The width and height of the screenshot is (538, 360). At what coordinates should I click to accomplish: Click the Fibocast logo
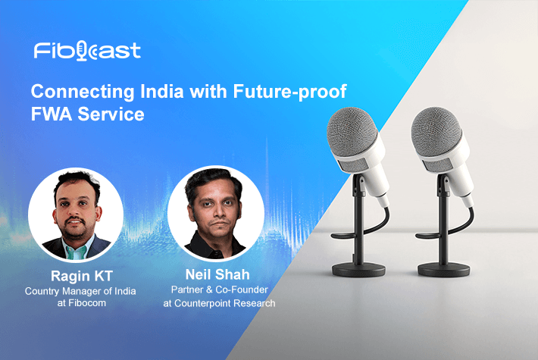[x=87, y=51]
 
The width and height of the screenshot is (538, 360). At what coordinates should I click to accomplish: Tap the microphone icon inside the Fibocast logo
[x=82, y=51]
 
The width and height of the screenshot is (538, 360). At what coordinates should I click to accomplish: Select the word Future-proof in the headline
[x=289, y=92]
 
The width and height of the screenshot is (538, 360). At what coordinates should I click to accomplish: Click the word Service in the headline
[x=111, y=114]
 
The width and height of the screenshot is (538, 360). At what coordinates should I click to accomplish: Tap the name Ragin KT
[x=82, y=276]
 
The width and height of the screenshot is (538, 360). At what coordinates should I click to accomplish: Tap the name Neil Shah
[x=217, y=274]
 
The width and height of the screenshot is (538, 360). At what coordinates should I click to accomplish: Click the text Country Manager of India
[x=80, y=291]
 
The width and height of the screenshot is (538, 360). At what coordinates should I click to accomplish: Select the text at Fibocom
[x=82, y=303]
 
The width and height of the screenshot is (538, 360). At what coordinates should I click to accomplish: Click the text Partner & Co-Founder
[x=219, y=290]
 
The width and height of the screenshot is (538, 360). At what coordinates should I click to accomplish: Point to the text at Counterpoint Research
[x=219, y=303]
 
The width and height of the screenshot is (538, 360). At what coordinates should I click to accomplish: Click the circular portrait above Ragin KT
[x=76, y=214]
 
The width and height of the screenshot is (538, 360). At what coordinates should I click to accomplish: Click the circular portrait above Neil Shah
[x=216, y=214]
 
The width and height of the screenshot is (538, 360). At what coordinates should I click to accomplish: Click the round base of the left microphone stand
[x=358, y=270]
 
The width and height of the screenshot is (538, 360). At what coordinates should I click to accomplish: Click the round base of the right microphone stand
[x=443, y=270]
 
